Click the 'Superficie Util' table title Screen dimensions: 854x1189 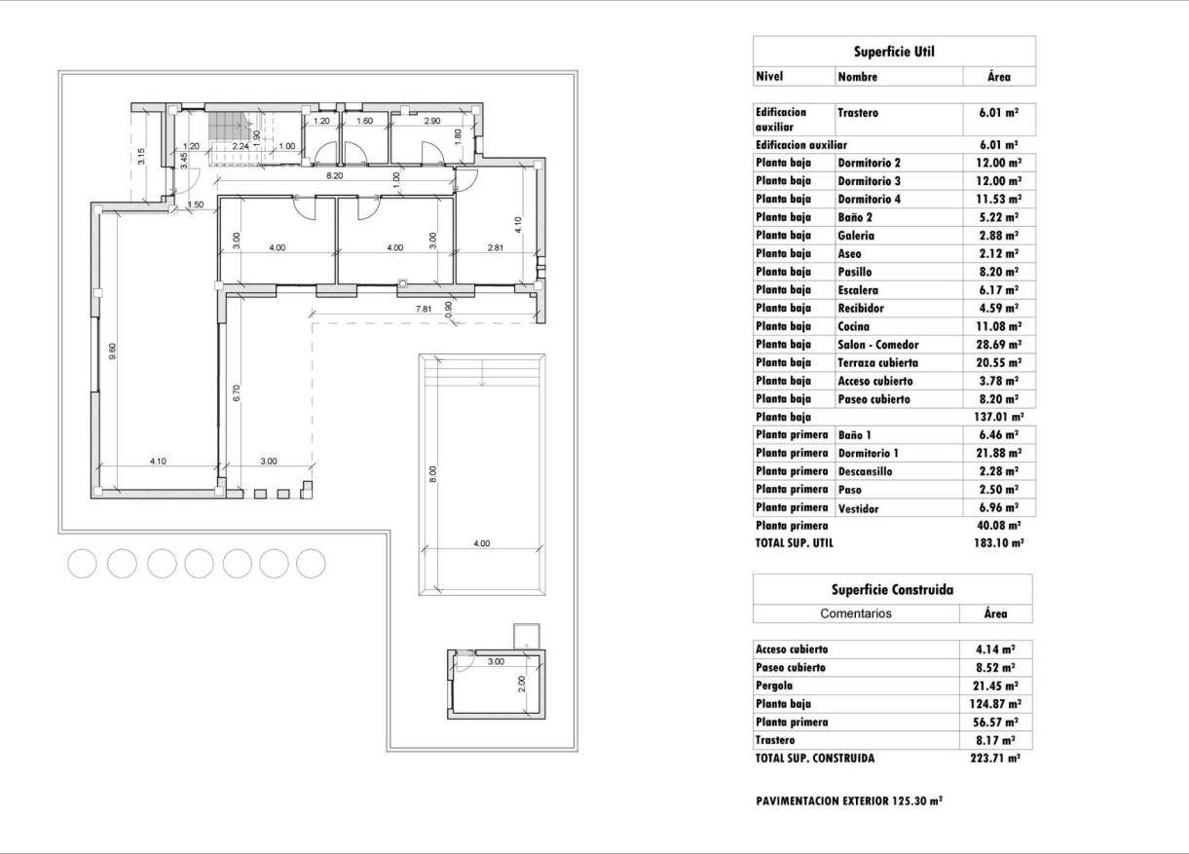point(894,52)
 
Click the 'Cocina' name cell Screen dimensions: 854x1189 point(854,327)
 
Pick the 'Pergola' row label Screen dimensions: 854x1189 point(776,686)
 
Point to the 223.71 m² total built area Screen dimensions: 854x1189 point(997,758)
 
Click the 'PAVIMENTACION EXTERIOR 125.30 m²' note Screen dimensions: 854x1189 point(848,801)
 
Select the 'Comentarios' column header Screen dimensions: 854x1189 point(856,613)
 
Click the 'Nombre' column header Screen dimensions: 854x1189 point(858,77)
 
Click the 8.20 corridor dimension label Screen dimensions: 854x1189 point(334,176)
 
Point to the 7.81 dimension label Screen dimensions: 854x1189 point(424,309)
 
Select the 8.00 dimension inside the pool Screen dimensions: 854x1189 point(433,474)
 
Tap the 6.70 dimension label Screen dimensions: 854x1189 point(237,392)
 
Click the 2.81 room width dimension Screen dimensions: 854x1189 point(496,248)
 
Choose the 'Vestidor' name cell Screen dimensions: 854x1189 point(858,508)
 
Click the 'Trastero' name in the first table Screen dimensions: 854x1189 point(858,113)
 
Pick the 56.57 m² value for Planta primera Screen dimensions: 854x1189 point(997,723)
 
